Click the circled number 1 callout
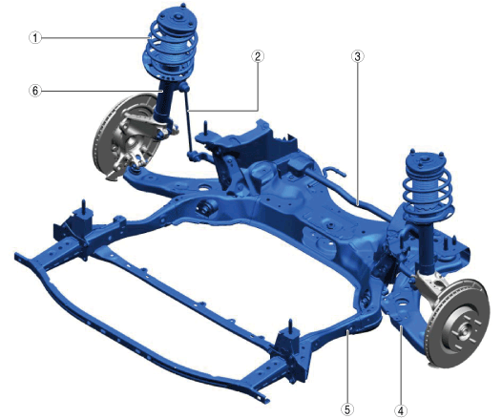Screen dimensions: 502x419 click(35, 38)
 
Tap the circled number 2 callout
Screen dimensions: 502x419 click(258, 56)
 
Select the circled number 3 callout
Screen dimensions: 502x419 click(357, 56)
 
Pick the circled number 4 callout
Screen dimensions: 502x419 click(401, 410)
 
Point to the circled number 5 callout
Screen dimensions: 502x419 click(347, 409)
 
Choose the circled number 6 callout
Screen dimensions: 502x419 click(35, 91)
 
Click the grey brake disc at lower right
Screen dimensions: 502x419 click(458, 324)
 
